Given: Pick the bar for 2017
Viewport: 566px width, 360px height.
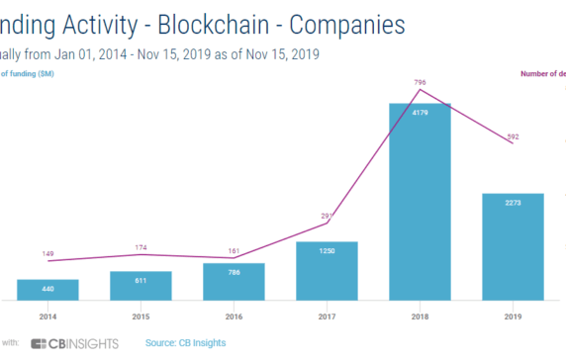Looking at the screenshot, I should pyautogui.click(x=327, y=270).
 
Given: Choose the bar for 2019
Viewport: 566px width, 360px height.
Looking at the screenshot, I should pyautogui.click(x=513, y=246).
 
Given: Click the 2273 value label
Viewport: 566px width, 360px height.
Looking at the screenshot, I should pyautogui.click(x=513, y=202).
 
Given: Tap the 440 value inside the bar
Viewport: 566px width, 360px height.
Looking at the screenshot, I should pyautogui.click(x=47, y=288).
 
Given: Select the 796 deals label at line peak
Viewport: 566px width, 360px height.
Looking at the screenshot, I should pyautogui.click(x=420, y=82).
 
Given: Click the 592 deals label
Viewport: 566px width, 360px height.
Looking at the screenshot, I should pyautogui.click(x=513, y=136).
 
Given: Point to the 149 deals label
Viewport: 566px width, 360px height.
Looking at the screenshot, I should pyautogui.click(x=47, y=253).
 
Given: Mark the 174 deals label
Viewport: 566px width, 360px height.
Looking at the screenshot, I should pyautogui.click(x=141, y=246).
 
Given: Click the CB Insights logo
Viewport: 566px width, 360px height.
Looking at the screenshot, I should pyautogui.click(x=74, y=343).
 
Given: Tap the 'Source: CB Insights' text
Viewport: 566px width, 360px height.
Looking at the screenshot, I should pyautogui.click(x=185, y=343).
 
